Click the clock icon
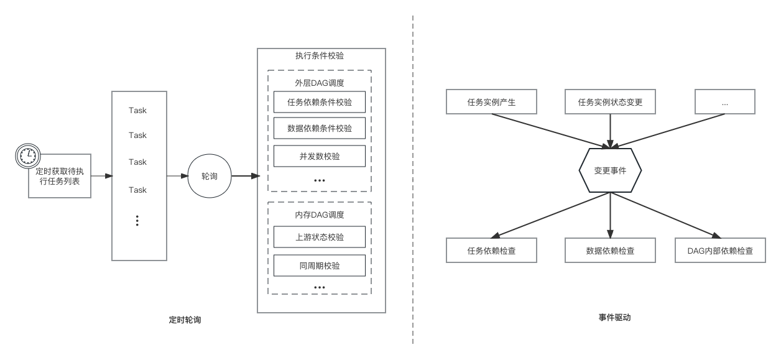coord(27,156)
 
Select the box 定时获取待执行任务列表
coord(60,176)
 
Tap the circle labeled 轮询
coord(210,177)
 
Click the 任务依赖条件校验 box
coord(320,102)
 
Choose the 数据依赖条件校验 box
coord(320,129)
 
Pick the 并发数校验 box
coord(320,156)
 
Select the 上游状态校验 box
coord(320,237)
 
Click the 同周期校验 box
coord(320,265)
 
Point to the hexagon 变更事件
coord(610,170)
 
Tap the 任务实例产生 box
coord(491,102)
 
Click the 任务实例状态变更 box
coord(610,102)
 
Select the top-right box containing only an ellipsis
coord(724,102)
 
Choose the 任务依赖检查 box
coord(491,251)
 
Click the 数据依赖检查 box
coord(610,251)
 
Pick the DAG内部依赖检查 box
coord(720,251)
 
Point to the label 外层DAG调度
coord(320,83)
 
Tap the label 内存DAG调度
coord(320,215)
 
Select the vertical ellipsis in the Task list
coord(137,220)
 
